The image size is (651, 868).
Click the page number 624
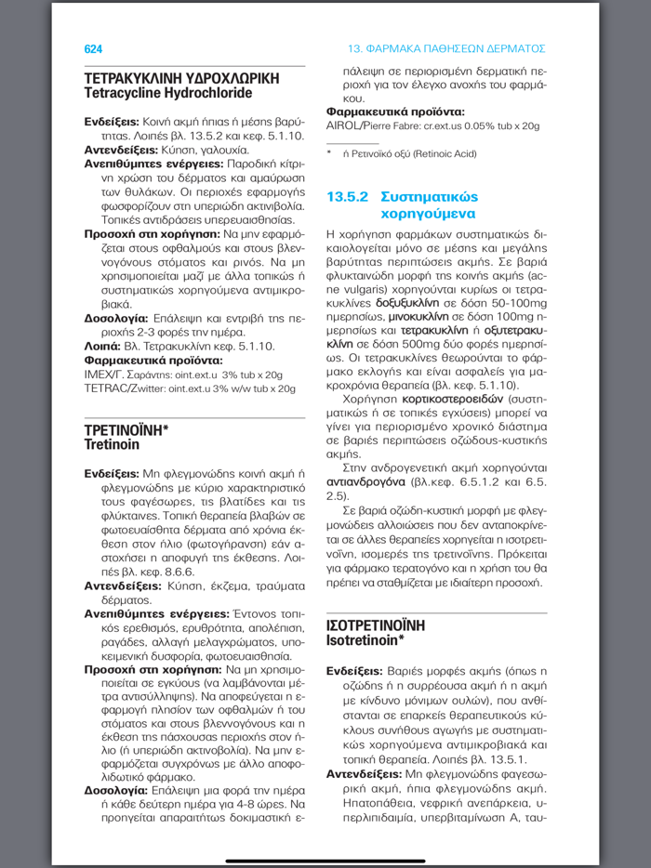[x=93, y=48]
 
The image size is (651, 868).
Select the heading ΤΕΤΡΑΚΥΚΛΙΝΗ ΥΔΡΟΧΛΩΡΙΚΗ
[x=181, y=79]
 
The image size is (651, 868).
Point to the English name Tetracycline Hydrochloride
[x=167, y=94]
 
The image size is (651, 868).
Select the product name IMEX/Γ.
[x=106, y=375]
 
